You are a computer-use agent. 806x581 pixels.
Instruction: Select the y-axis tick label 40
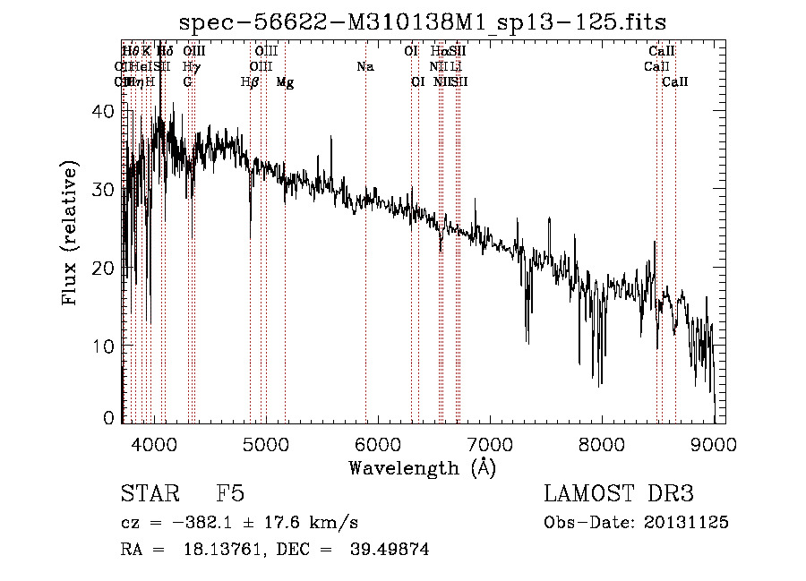(x=105, y=111)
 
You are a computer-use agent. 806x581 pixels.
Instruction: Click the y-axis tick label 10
(x=105, y=346)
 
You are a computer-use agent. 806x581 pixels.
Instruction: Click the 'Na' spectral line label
(x=364, y=67)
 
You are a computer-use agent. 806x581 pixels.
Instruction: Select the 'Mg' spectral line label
(x=285, y=82)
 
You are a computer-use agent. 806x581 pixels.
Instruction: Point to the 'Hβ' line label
(x=250, y=82)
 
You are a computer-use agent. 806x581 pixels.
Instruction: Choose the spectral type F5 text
(x=231, y=495)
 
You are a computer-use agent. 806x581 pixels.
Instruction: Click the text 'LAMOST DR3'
(x=619, y=495)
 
